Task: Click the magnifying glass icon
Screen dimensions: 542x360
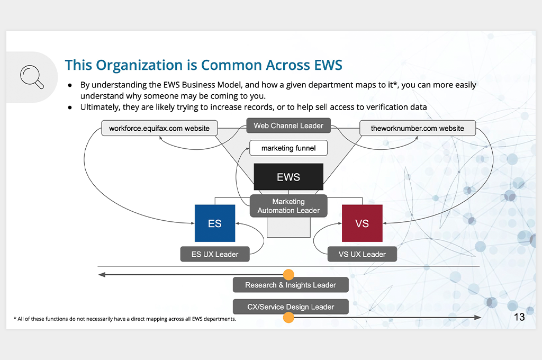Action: click(x=32, y=77)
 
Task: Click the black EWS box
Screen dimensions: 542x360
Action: click(x=288, y=177)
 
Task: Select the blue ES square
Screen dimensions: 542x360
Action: click(x=215, y=223)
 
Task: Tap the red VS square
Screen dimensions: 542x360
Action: click(x=362, y=223)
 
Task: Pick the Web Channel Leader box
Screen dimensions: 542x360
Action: click(x=288, y=125)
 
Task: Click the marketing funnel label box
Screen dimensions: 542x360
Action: click(x=288, y=148)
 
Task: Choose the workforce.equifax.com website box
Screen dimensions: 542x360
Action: click(x=159, y=128)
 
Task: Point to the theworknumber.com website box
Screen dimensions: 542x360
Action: click(x=418, y=128)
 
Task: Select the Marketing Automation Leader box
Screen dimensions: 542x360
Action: click(x=288, y=206)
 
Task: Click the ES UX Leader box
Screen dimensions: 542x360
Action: click(x=215, y=254)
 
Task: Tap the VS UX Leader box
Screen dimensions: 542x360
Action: click(x=362, y=254)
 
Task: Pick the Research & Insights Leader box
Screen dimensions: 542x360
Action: click(x=291, y=285)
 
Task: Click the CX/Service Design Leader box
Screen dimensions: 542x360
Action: click(x=291, y=307)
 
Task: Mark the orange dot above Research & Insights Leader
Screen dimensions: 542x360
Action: click(x=288, y=275)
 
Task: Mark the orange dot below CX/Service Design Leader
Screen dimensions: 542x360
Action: click(x=288, y=318)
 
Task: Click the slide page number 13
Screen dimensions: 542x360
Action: click(x=519, y=317)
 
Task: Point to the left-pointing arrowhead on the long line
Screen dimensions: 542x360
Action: click(x=102, y=275)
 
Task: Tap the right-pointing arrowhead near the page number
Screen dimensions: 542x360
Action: click(x=477, y=318)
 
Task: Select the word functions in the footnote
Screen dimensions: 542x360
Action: click(x=55, y=319)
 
